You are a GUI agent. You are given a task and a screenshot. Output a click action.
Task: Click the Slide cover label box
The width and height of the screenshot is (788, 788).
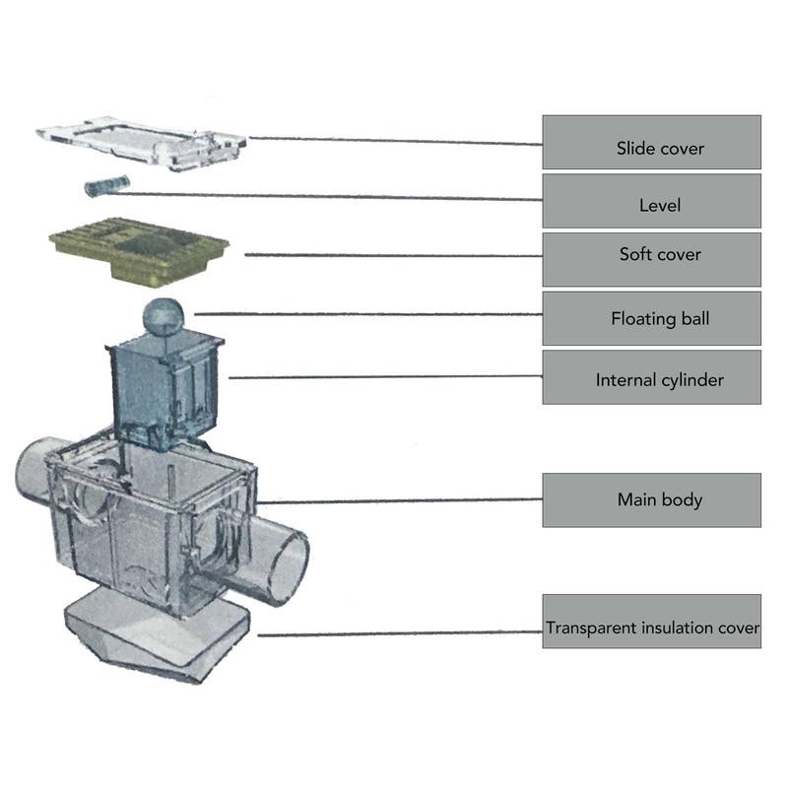(x=652, y=142)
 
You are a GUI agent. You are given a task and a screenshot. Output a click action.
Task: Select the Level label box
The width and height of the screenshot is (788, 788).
(x=652, y=201)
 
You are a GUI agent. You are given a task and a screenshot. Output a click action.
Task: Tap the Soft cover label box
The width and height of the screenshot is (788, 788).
(x=652, y=259)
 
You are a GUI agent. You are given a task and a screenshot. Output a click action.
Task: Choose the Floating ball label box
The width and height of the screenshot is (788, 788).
(x=652, y=318)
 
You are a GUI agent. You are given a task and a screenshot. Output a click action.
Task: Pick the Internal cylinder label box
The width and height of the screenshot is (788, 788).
(x=652, y=377)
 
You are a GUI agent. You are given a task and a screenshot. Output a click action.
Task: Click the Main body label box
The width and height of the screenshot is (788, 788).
(x=652, y=500)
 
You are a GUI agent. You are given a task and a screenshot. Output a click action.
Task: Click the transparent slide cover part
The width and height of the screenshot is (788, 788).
(x=142, y=143)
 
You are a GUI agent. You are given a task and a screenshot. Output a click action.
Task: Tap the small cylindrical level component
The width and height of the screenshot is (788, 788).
(x=107, y=186)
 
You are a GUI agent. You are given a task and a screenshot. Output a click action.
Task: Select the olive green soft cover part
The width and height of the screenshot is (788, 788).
(x=139, y=250)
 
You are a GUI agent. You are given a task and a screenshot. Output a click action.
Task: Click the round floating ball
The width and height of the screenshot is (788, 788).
(x=164, y=316)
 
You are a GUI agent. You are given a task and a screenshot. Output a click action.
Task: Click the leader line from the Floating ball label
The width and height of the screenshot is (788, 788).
(x=368, y=314)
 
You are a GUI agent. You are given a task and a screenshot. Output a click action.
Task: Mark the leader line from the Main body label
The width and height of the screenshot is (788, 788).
(x=400, y=501)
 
